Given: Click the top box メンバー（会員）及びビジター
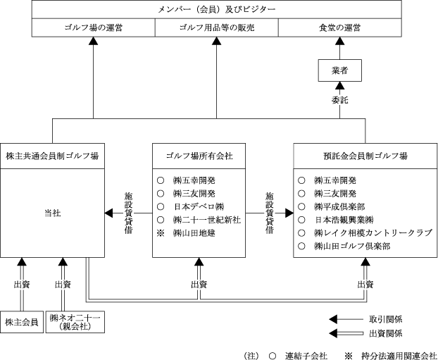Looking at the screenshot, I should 217,10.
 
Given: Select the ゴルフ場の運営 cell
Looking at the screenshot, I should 93,27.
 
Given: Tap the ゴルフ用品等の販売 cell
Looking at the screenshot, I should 216,27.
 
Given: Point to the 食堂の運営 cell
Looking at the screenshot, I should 339,27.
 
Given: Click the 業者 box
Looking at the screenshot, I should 340,70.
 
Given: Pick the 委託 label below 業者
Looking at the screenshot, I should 340,100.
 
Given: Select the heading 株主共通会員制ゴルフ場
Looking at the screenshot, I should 52,156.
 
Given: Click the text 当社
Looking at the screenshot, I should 52,211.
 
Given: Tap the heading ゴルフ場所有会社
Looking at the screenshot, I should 199,156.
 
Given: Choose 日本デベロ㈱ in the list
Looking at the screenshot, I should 199,206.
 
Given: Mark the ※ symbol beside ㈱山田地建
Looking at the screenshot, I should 160,233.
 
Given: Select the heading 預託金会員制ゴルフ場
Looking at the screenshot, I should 365,156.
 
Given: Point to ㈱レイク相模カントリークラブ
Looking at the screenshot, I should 373,233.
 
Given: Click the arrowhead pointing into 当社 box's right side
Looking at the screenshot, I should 109,212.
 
